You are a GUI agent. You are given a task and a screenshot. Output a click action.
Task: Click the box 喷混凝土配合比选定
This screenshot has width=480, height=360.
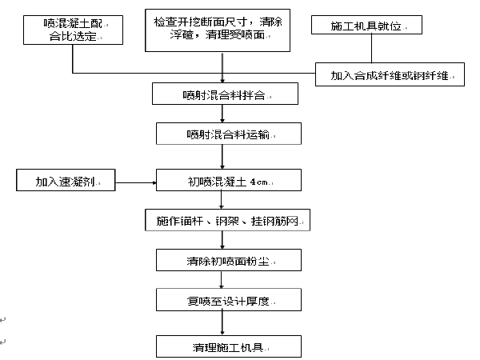pos(73,30)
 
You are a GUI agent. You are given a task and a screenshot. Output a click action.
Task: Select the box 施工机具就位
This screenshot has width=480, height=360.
pos(366,25)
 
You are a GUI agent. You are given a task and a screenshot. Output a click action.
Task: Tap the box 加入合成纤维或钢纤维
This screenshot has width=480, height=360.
pos(390,74)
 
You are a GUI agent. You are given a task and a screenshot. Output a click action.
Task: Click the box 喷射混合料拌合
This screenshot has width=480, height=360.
pos(225,94)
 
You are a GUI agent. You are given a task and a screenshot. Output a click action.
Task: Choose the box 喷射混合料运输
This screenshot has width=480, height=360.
pos(229,134)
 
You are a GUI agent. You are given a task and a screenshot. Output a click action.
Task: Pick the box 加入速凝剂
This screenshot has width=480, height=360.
pos(66,180)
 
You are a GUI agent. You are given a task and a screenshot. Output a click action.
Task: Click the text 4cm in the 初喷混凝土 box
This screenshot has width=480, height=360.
pos(258,182)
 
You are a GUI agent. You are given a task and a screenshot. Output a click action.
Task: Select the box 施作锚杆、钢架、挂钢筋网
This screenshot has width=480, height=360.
pos(227,220)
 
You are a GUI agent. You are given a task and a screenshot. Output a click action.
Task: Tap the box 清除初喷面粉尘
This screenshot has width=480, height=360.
pos(229,260)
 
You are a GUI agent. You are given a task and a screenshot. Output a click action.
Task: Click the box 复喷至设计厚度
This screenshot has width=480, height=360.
pos(229,300)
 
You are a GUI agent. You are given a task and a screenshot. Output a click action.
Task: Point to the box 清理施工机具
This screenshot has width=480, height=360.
pos(229,346)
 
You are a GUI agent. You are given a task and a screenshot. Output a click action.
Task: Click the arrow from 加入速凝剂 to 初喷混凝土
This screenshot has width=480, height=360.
pos(136,182)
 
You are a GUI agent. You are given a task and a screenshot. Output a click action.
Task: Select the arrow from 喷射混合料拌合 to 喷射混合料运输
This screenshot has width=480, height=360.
pos(222,114)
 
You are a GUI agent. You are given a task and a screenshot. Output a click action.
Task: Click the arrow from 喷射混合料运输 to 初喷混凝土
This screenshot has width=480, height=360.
pos(222,157)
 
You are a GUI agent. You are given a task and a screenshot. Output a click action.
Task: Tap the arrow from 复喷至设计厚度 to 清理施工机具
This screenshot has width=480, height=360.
pos(222,323)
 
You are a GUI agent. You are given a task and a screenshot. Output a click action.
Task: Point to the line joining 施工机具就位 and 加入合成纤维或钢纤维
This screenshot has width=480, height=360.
pos(372,48)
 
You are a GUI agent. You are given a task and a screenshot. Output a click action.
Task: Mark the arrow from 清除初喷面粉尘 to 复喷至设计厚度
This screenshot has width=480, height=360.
pos(222,280)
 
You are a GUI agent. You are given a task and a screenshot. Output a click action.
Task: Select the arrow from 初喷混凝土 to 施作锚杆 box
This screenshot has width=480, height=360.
pos(222,200)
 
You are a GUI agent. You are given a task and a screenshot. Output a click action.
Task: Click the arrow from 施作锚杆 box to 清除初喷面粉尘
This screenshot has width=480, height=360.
pos(222,240)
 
